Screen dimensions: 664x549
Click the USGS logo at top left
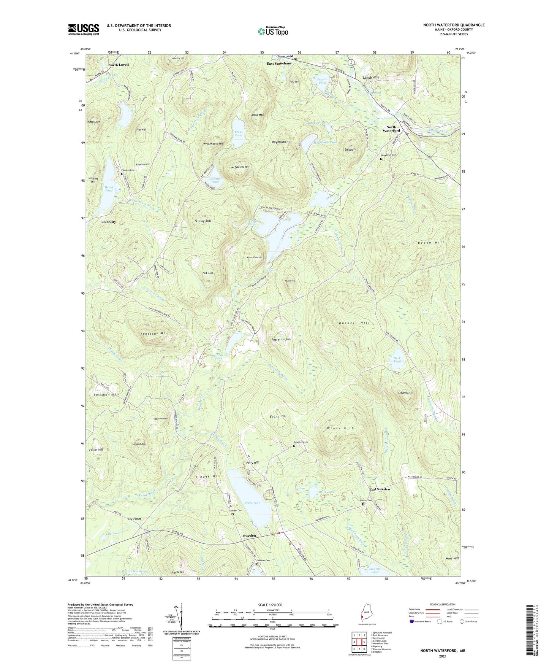point(84,29)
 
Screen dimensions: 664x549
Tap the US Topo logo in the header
point(272,31)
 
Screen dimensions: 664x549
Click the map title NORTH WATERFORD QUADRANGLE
point(454,25)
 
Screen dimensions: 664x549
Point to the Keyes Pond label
point(252,503)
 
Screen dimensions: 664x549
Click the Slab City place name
point(108,222)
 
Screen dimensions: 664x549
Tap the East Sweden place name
point(380,489)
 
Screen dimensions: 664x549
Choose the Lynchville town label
point(370,77)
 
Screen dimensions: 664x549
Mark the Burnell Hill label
point(354,323)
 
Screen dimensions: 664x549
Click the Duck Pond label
point(397,360)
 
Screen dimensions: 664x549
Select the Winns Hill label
point(340,428)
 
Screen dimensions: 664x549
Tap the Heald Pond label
point(109,189)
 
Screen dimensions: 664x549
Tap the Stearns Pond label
point(375,570)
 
